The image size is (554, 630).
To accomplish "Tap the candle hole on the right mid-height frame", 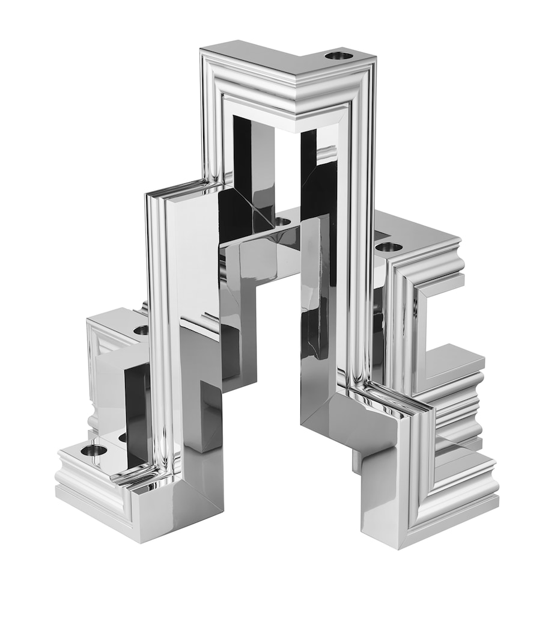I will tap(389, 246).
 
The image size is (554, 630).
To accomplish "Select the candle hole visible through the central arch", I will tap(282, 222).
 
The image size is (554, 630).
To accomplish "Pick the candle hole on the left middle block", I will tap(142, 329).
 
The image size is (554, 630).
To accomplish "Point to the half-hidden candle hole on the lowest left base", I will tap(123, 438).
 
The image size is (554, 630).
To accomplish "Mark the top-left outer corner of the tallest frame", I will tap(201, 50).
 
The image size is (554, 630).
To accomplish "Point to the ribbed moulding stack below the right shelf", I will tap(460, 409).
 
